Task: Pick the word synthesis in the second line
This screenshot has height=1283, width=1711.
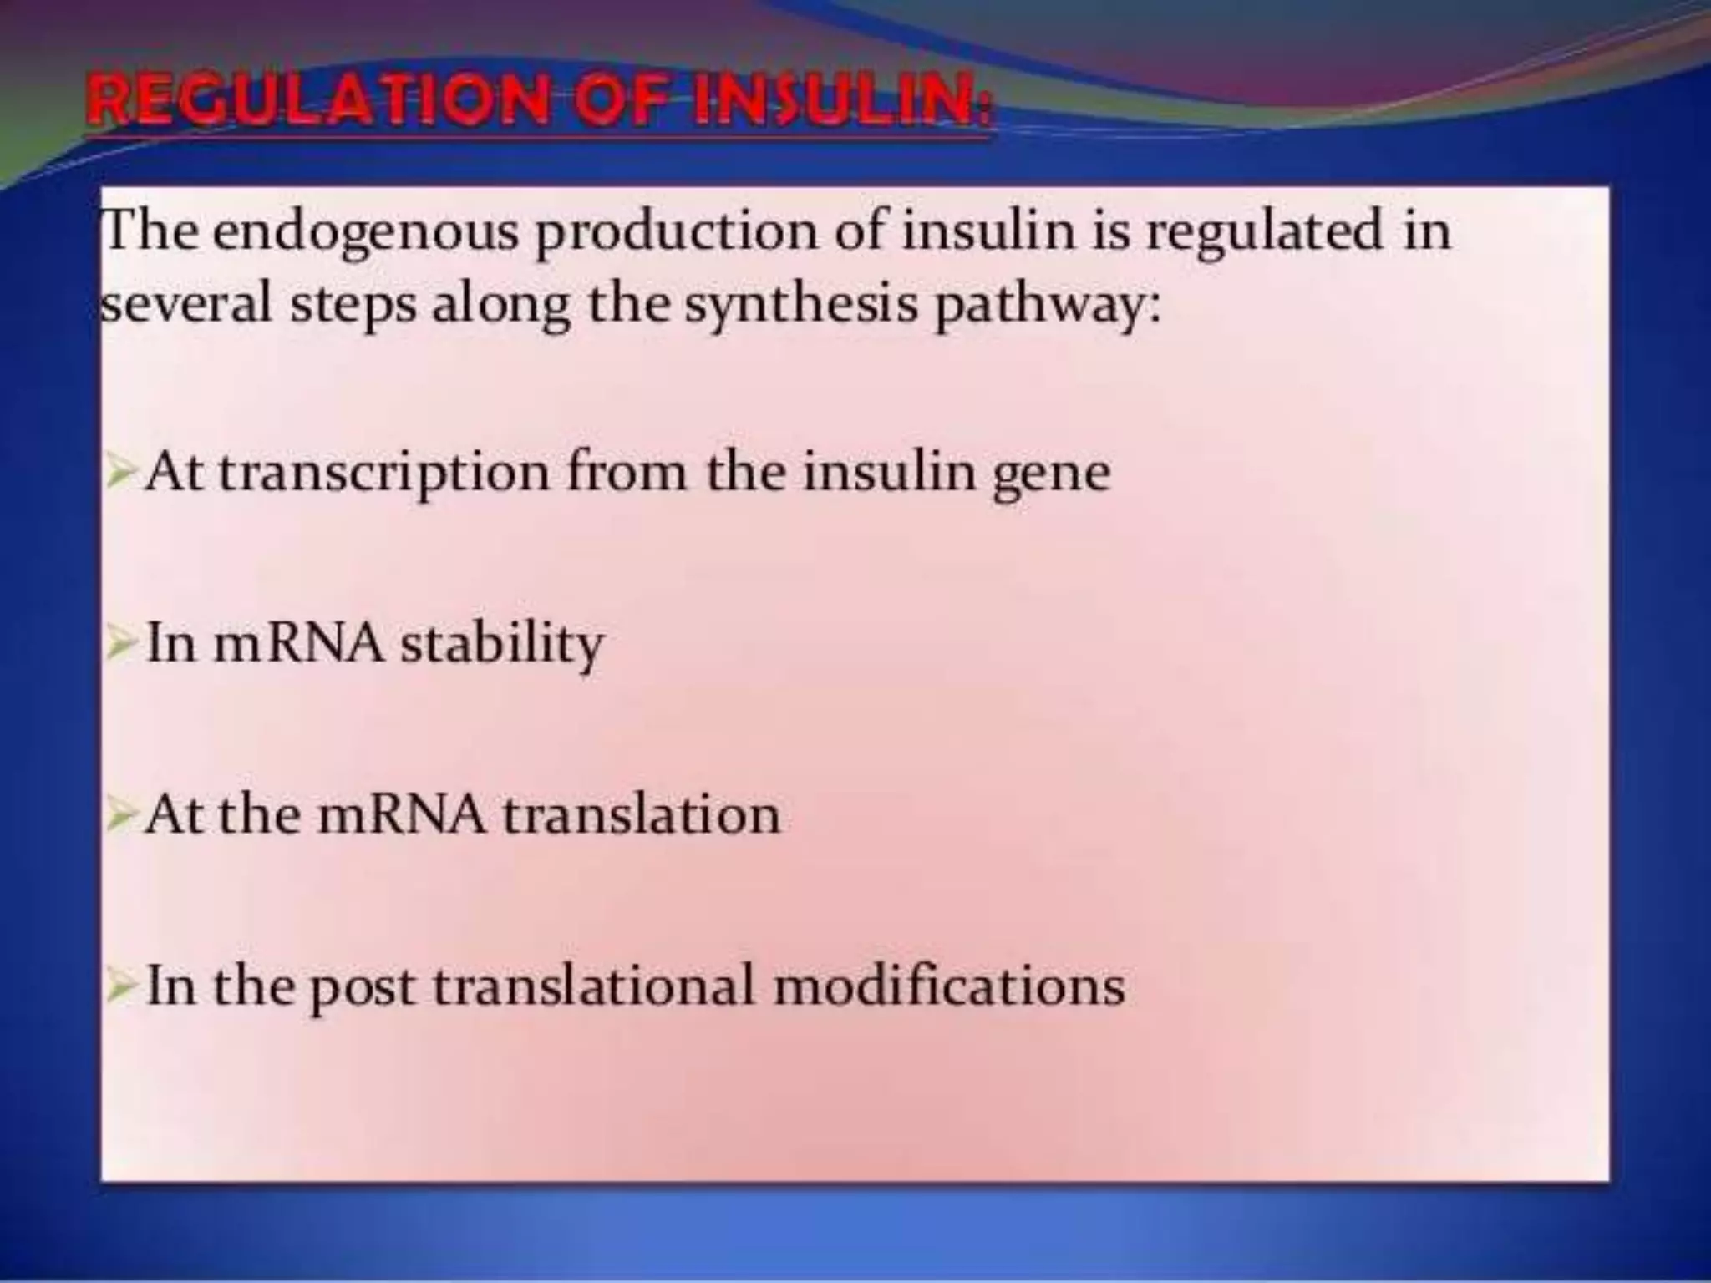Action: coord(801,306)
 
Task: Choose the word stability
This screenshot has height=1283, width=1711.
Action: coord(501,644)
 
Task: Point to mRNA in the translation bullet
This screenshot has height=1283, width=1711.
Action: coord(401,815)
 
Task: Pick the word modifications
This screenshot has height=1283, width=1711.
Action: coord(948,986)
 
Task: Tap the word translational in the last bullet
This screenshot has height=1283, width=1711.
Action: coord(593,986)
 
